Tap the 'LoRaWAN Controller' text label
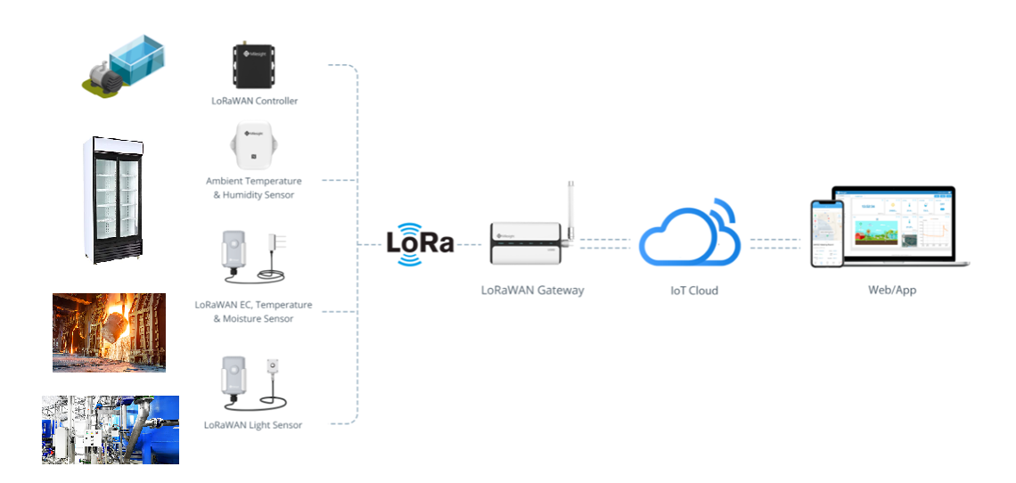(x=254, y=102)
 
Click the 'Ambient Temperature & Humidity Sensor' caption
(x=254, y=188)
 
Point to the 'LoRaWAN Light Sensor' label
(x=253, y=425)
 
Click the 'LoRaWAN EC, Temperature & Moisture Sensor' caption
(x=256, y=311)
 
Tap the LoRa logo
(x=420, y=243)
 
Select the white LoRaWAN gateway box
(x=527, y=244)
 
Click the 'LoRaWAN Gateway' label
(x=532, y=291)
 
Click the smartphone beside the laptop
(x=826, y=233)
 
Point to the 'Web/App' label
(x=891, y=291)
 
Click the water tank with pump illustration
(x=124, y=64)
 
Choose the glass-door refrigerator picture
(x=118, y=200)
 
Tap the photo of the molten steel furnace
(x=109, y=332)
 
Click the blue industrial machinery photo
(x=111, y=430)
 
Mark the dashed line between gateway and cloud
(x=606, y=244)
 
